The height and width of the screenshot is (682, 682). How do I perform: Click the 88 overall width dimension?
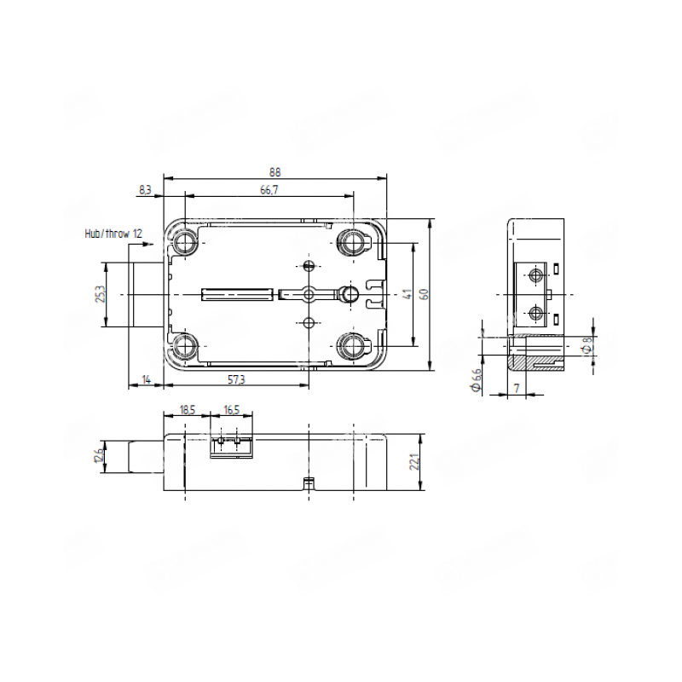[275, 172]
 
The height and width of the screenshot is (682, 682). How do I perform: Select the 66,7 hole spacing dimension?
[269, 190]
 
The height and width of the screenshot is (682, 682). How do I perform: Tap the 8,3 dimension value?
[145, 190]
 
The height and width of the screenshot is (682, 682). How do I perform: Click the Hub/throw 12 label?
[113, 234]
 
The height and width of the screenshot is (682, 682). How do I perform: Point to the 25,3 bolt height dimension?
[101, 294]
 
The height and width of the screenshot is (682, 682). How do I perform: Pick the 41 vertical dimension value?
[407, 294]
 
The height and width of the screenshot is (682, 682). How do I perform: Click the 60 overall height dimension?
[425, 294]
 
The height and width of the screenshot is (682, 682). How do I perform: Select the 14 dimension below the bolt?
[147, 379]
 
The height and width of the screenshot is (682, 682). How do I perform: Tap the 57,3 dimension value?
[237, 379]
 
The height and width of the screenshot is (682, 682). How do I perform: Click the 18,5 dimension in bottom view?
[187, 410]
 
